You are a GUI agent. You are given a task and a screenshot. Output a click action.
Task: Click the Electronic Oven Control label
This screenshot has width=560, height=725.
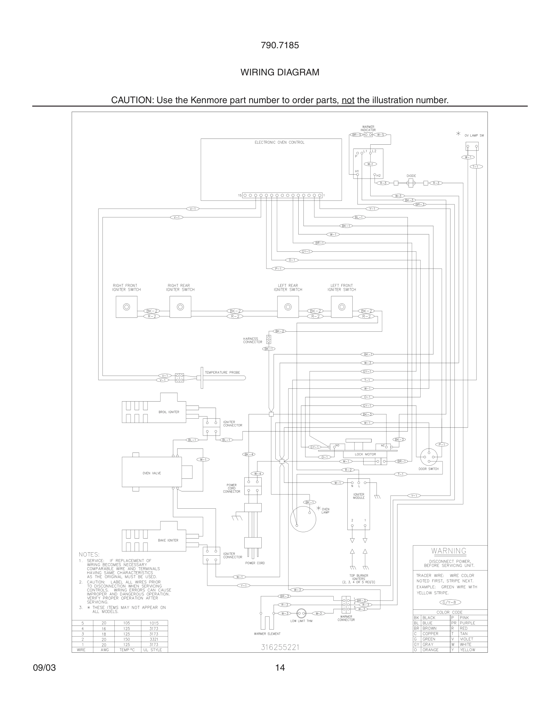pos(279,142)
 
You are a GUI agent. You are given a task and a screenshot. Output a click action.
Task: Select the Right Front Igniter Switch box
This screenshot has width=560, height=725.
pos(126,307)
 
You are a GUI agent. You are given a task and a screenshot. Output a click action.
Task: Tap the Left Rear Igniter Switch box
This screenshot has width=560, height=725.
pos(288,307)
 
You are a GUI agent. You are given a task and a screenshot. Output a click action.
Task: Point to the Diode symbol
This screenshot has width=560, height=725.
pos(411,183)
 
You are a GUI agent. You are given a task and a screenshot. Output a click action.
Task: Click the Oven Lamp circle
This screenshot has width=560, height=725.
pos(303,519)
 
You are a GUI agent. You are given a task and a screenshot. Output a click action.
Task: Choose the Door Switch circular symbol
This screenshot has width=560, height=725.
pos(429,457)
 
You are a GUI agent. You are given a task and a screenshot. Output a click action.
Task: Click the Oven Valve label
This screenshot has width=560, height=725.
pos(152,473)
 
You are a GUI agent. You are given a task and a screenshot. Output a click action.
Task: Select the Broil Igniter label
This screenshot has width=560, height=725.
pos(169,412)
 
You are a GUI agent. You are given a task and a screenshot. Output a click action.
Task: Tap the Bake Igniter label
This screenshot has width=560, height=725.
pos(168,540)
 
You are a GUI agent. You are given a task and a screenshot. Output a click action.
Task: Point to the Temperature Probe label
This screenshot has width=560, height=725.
pos(222,373)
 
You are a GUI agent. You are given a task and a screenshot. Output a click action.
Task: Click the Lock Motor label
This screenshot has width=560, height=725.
pos(365,454)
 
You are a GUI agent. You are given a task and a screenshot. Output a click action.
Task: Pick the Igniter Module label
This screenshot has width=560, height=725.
pos(359,496)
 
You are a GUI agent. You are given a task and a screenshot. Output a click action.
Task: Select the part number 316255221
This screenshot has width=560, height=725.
pos(280,647)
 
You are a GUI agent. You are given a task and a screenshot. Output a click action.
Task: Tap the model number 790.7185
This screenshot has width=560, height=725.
pos(280,45)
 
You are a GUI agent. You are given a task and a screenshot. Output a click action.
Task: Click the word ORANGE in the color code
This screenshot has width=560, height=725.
pos(430,650)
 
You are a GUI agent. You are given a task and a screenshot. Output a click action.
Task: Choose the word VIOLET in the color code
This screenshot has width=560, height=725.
pos(466,639)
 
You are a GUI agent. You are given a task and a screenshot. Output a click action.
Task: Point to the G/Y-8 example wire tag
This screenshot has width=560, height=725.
pos(450,602)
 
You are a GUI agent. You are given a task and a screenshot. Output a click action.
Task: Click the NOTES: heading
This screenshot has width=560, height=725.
pos(89,554)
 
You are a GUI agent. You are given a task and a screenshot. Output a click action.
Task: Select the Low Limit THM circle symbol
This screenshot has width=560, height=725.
pos(301,613)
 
